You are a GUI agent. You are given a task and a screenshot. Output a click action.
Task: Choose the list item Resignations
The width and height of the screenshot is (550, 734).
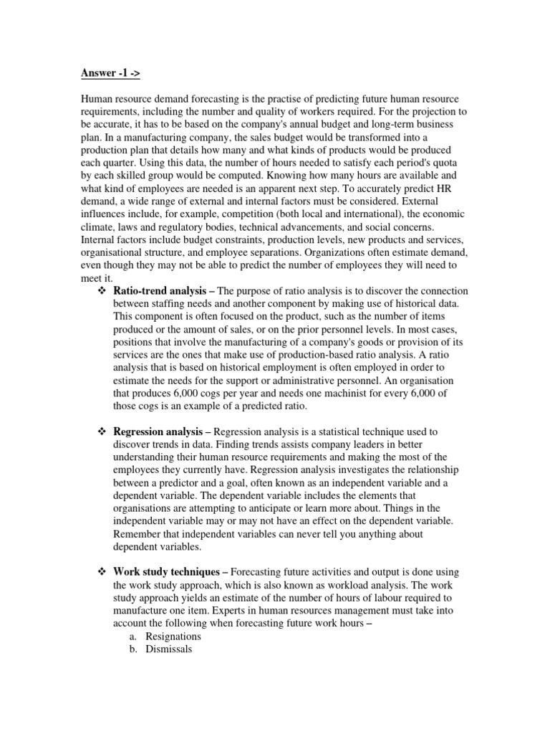pyautogui.click(x=173, y=637)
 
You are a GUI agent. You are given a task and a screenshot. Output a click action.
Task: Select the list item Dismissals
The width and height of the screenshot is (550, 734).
pyautogui.click(x=168, y=649)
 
